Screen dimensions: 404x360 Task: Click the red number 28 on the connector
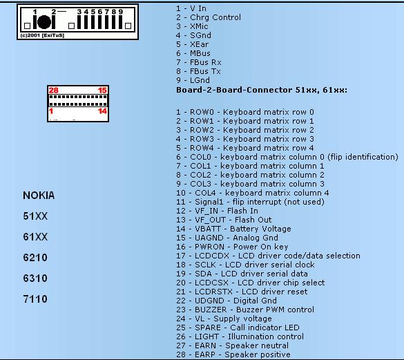54,91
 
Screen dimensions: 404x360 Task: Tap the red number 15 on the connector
102,91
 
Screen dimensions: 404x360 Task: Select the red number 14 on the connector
102,111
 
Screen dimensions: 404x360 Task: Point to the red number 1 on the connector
51,111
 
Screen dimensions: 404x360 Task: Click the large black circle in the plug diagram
44,22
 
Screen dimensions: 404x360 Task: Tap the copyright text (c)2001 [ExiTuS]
42,35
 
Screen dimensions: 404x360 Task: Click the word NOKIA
39,196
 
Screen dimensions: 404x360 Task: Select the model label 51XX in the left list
35,216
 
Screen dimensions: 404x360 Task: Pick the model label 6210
35,258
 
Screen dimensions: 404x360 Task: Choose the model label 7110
35,299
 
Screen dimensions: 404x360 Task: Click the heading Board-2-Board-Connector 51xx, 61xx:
262,90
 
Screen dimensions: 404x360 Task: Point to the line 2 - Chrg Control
209,17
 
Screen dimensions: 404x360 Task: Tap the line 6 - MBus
193,53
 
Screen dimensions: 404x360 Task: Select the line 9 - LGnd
193,80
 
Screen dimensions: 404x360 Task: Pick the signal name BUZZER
211,310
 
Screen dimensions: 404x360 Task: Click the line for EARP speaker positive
233,354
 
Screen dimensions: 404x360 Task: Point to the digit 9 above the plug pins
121,12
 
